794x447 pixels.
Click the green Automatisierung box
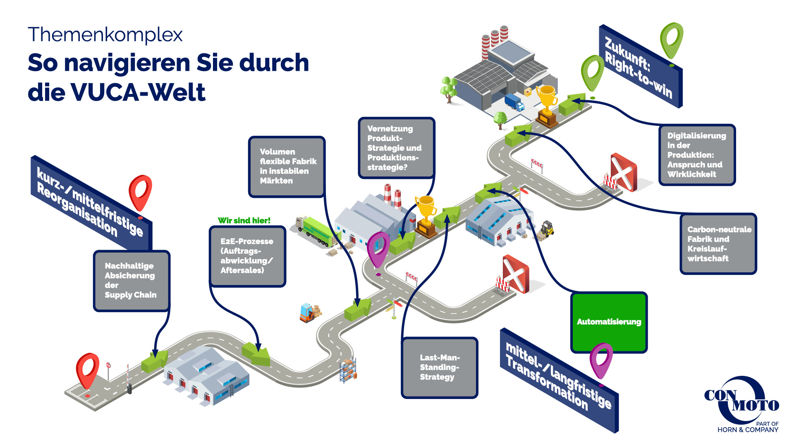609,322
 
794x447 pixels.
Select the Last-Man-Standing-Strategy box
439,368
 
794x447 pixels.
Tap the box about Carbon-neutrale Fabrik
718,244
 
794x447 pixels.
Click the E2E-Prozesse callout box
247,256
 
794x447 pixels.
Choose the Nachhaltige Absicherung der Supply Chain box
131,281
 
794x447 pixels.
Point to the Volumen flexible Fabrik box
287,166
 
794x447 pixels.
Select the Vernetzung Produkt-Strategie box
396,148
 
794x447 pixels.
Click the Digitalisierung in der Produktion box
697,155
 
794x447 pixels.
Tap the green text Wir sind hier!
244,221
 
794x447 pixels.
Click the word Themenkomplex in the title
105,35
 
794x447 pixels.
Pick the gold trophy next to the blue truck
547,105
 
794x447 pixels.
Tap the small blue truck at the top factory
514,102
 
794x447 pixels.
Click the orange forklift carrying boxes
309,313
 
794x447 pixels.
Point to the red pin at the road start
88,370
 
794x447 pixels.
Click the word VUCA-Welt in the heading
138,92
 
